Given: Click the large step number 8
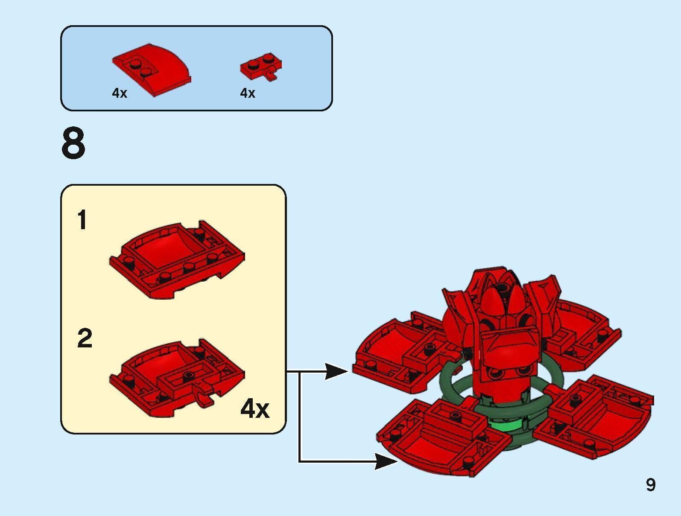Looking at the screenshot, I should pyautogui.click(x=73, y=144).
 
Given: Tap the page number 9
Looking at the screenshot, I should pyautogui.click(x=650, y=485).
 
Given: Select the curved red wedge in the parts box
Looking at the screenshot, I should pyautogui.click(x=152, y=68).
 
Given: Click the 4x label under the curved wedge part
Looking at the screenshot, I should pyautogui.click(x=120, y=93).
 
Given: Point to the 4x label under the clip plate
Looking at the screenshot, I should pyautogui.click(x=248, y=93).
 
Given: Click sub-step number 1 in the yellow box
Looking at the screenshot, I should pyautogui.click(x=82, y=221).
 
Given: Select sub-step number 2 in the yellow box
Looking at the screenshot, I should pyautogui.click(x=85, y=338).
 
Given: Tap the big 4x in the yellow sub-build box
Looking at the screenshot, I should pyautogui.click(x=255, y=409).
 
